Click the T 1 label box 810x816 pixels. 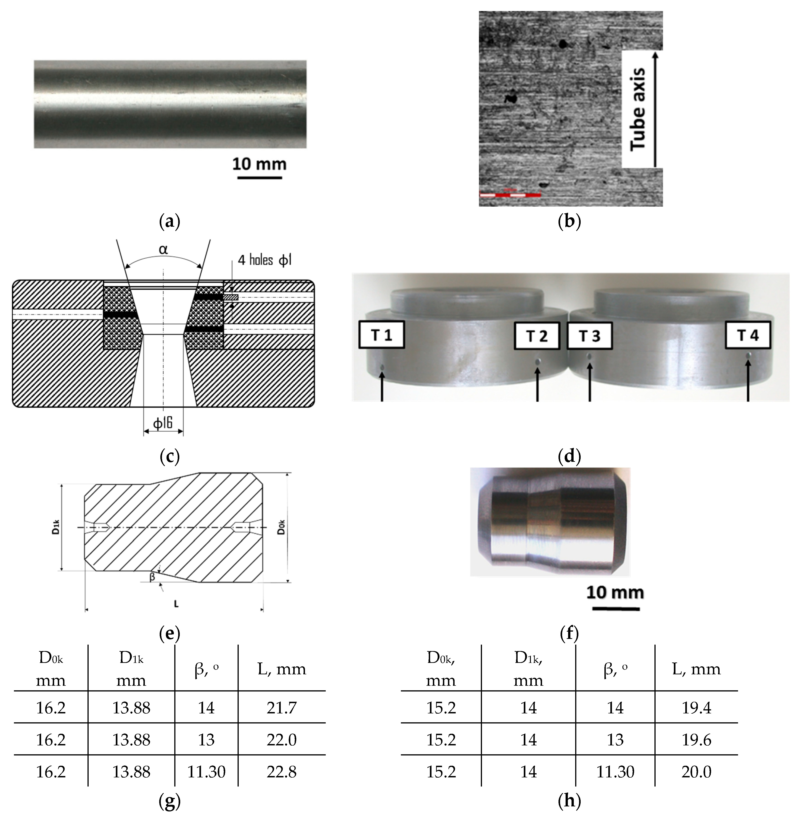[x=381, y=335]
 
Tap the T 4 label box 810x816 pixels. [x=747, y=335]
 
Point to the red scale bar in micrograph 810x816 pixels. [x=510, y=195]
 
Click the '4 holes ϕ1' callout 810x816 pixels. [x=264, y=260]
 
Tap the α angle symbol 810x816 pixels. [x=163, y=249]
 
